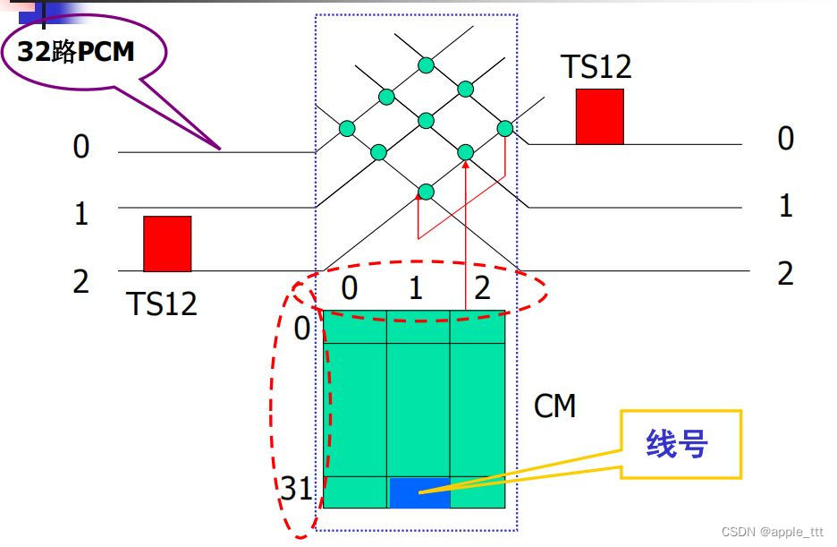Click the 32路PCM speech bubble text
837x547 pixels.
click(76, 52)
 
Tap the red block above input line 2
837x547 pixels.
click(167, 244)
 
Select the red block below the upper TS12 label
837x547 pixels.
click(599, 116)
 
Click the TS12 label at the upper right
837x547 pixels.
click(596, 67)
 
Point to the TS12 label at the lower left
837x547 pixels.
click(161, 303)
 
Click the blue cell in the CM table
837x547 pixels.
click(419, 492)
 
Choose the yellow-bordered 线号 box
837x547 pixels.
click(681, 444)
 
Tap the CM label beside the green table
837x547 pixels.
click(554, 407)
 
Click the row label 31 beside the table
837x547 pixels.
click(296, 489)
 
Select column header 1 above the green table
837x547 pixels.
click(415, 288)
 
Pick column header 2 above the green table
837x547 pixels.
click(482, 288)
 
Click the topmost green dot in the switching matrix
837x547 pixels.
click(426, 64)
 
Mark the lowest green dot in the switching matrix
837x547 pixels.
click(426, 191)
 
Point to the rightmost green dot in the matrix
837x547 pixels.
click(505, 128)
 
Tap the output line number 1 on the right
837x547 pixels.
click(785, 207)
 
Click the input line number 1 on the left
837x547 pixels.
click(81, 215)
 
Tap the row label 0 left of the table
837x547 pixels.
click(302, 329)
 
